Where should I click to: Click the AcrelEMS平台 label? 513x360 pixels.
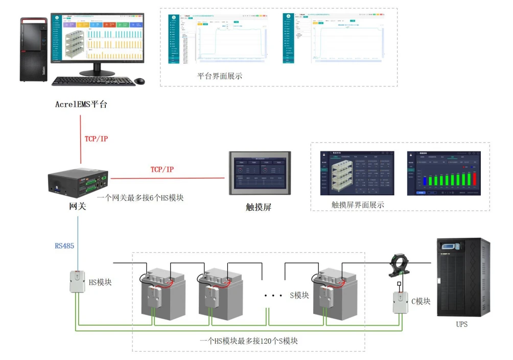(x=81, y=104)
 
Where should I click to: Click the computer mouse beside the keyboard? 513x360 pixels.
(x=139, y=81)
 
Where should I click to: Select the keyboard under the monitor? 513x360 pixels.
(x=92, y=81)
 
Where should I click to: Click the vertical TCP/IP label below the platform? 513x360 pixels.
(x=96, y=139)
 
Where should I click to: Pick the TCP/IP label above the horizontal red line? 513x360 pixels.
(x=161, y=169)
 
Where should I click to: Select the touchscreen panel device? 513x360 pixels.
(x=260, y=173)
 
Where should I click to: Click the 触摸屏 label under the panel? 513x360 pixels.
(x=258, y=208)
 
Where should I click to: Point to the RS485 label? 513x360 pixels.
(x=64, y=246)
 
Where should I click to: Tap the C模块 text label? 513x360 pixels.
(x=421, y=301)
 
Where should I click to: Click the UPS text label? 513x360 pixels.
(x=461, y=324)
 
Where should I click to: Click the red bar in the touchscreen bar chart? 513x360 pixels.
(x=475, y=180)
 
